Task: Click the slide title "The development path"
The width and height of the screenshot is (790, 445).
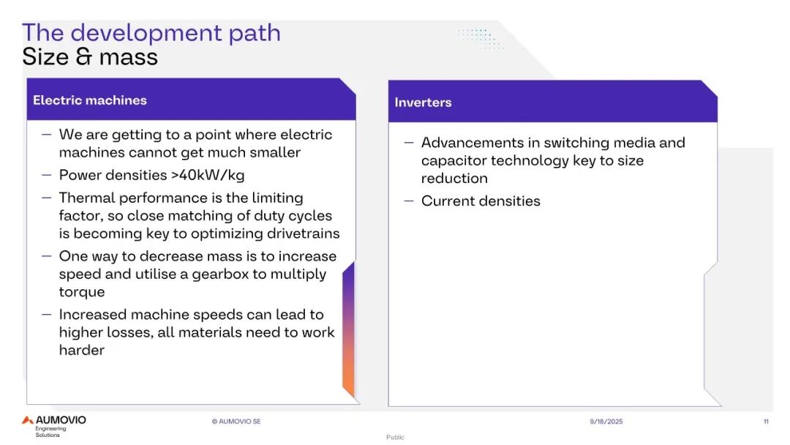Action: [x=151, y=33]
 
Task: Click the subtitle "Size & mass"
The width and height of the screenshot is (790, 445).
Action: [x=90, y=56]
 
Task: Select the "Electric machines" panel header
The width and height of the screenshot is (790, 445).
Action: [x=90, y=100]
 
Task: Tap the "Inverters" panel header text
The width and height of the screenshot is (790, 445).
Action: [x=423, y=102]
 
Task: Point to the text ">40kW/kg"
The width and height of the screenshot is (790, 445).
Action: [x=208, y=175]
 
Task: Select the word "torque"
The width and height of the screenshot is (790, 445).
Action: [x=82, y=292]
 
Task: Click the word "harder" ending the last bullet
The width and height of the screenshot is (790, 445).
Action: [x=82, y=350]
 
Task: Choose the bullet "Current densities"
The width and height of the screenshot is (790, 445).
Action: [x=481, y=201]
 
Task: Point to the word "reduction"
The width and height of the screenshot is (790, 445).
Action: [x=454, y=179]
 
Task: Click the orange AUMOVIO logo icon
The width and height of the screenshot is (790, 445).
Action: [x=27, y=420]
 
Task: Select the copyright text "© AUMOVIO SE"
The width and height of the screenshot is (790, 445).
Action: [x=236, y=422]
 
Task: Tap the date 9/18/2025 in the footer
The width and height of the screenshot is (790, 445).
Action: [x=606, y=422]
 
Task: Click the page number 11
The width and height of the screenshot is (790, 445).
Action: [x=766, y=422]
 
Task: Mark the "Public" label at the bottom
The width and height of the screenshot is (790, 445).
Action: [x=395, y=437]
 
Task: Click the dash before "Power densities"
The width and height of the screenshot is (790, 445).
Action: [x=47, y=175]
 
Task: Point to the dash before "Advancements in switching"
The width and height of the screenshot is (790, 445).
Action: [x=409, y=143]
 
